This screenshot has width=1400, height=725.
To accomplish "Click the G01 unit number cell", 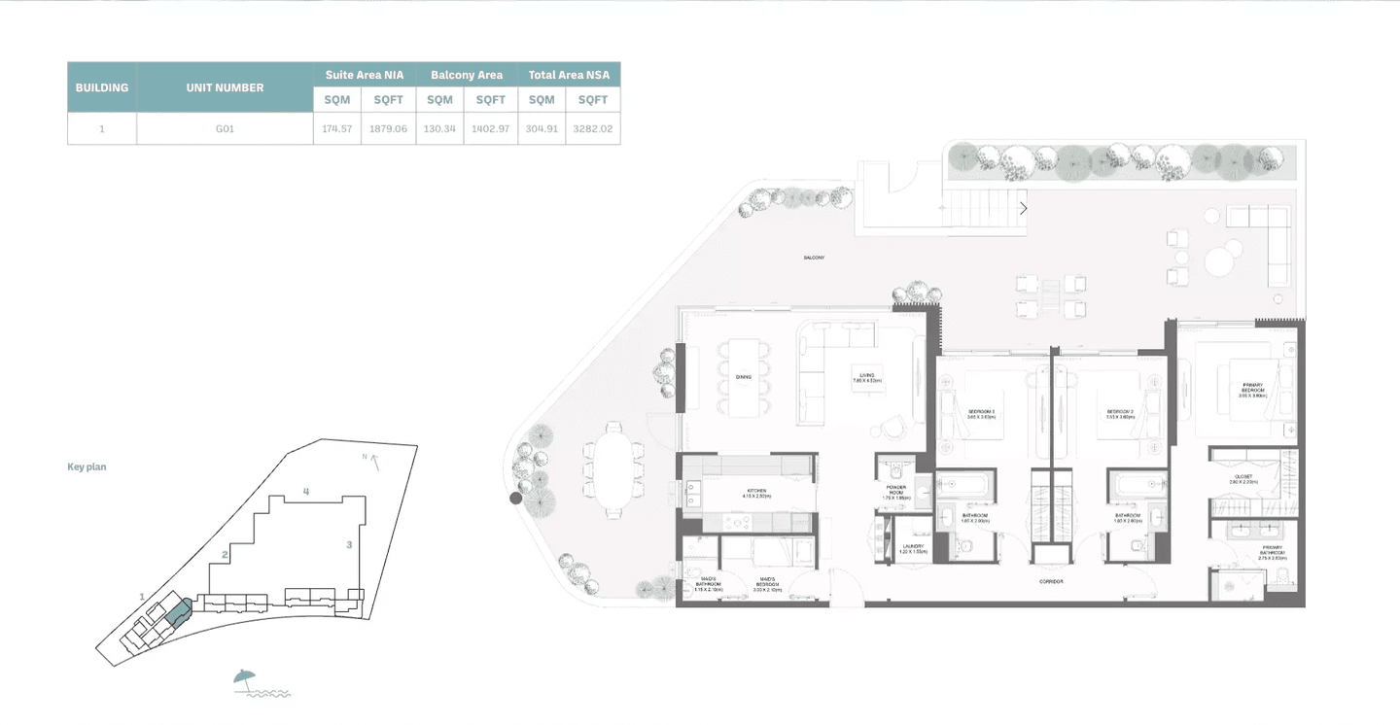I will pyautogui.click(x=225, y=128).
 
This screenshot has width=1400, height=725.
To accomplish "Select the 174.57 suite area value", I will pyautogui.click(x=336, y=128).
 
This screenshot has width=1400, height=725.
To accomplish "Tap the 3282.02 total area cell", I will pyautogui.click(x=592, y=128).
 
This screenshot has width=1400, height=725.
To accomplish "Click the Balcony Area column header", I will pyautogui.click(x=467, y=75).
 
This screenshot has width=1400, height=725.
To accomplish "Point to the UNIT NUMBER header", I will pyautogui.click(x=225, y=87).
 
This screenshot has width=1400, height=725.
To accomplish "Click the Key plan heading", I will pyautogui.click(x=87, y=467).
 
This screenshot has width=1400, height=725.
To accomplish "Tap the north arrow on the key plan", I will pyautogui.click(x=372, y=461).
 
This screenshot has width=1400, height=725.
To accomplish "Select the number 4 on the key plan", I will pyautogui.click(x=306, y=492).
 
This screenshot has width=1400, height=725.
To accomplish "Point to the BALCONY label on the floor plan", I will pyautogui.click(x=814, y=258).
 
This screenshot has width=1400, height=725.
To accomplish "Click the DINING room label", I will pyautogui.click(x=743, y=377).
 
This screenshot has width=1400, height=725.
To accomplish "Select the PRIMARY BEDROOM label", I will pyautogui.click(x=1252, y=389).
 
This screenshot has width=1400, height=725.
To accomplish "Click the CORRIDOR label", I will pyautogui.click(x=1050, y=581).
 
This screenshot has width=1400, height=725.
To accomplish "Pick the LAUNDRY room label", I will pyautogui.click(x=913, y=548).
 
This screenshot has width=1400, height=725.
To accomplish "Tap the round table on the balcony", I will pyautogui.click(x=1220, y=260).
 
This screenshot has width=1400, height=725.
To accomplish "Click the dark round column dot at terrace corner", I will pyautogui.click(x=515, y=499).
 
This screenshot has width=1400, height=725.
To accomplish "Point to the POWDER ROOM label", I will pyautogui.click(x=895, y=491).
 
